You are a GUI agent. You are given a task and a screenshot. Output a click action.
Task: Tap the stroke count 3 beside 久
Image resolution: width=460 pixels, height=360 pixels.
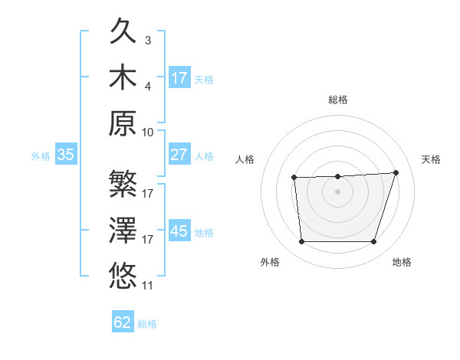click(147, 40)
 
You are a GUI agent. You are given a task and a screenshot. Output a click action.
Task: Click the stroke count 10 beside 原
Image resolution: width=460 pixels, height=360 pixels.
click(148, 132)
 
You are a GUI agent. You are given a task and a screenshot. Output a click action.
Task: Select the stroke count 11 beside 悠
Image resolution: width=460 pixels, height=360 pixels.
click(148, 285)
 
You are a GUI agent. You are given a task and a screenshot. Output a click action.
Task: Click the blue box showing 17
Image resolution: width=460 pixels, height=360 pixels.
click(179, 78)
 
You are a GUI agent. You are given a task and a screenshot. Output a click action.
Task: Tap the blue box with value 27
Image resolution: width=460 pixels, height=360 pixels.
click(179, 155)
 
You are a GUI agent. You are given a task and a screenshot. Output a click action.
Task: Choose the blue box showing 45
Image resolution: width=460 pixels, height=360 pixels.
click(179, 231)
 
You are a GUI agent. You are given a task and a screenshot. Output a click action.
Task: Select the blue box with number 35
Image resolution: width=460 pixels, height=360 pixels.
click(66, 155)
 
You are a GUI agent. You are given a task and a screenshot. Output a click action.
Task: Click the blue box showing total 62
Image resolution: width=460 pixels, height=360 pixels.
click(123, 322)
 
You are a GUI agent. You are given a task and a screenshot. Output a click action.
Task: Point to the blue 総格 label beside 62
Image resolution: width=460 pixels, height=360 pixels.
click(147, 324)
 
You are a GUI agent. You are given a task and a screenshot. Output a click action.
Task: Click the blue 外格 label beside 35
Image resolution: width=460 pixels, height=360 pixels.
click(41, 156)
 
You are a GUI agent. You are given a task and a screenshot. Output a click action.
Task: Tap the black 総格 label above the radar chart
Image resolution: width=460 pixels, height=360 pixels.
click(337, 100)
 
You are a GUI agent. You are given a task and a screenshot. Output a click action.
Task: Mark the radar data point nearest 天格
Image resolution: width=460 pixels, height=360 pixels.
click(396, 172)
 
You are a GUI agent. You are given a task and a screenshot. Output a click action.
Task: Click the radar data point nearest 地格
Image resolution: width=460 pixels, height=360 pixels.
click(373, 242)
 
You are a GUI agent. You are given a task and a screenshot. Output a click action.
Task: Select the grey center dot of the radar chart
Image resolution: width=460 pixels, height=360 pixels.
click(337, 191)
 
